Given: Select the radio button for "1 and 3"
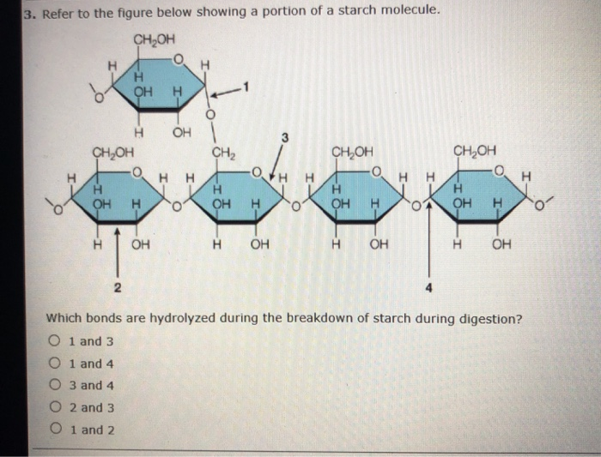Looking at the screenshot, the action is click(55, 340).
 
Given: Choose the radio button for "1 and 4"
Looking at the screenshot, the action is click(55, 363).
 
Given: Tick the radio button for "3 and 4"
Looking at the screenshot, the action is click(55, 384).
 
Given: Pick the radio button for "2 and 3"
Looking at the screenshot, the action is click(55, 406).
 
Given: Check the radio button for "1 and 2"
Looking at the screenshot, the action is click(56, 429).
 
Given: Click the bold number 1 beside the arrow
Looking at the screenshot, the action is click(246, 87).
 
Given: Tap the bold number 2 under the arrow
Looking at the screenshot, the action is click(118, 287).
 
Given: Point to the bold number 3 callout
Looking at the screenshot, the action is click(284, 137).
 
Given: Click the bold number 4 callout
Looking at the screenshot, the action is click(429, 287).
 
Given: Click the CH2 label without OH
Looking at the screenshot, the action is click(224, 153).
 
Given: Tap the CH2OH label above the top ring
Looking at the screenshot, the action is click(154, 39).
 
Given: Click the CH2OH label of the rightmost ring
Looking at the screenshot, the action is click(475, 151).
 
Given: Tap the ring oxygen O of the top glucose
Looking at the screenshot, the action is click(178, 59).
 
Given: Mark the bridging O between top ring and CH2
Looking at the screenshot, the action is click(209, 114).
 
